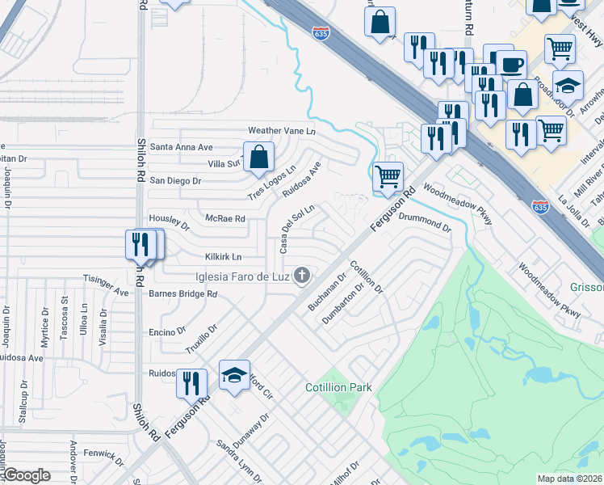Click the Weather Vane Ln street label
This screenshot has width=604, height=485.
(x=280, y=131)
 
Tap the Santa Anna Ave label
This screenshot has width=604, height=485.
(x=182, y=147)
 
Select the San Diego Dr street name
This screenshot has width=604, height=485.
(x=175, y=180)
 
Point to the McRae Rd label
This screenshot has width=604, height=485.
(x=224, y=219)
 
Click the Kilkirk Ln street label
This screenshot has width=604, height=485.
(x=223, y=257)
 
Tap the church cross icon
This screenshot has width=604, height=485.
(x=303, y=276)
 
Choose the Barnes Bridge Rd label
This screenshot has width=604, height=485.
(x=182, y=294)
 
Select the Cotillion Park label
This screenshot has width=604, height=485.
(x=338, y=388)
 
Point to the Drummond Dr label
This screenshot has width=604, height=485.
(x=425, y=223)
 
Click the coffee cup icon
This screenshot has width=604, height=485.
(x=510, y=64)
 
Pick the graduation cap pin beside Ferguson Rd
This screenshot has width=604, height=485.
(x=234, y=375)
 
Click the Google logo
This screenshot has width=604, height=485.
(x=27, y=475)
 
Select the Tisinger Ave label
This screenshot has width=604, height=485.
(x=106, y=285)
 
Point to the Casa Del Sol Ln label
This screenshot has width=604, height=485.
(x=296, y=228)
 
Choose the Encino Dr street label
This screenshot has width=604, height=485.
(x=168, y=331)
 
